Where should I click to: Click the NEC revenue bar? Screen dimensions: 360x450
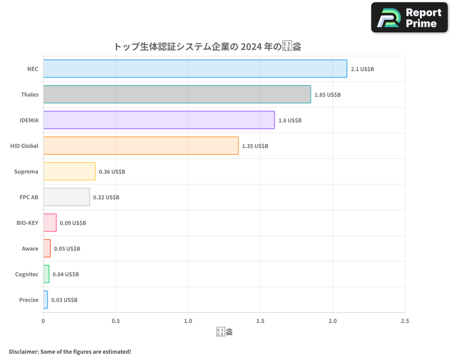pos(195,69)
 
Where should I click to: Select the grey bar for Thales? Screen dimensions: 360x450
pos(177,94)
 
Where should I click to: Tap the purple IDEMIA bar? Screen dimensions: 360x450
pos(159,120)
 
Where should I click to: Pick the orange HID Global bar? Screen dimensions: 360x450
pos(141,146)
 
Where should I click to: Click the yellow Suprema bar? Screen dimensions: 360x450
pos(69,171)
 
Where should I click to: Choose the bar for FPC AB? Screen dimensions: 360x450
pos(66,197)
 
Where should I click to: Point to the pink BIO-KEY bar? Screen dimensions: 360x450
pos(49,223)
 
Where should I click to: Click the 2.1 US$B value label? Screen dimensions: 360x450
pos(362,69)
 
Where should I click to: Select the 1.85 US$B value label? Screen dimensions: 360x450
pos(328,95)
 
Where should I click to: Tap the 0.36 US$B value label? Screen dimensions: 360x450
pos(112,172)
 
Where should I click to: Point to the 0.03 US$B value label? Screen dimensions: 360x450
pos(64,300)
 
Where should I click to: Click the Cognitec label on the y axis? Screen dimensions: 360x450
pos(27,274)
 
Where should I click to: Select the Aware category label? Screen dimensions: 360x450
pos(30,248)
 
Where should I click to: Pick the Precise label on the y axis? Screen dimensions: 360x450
pos(29,300)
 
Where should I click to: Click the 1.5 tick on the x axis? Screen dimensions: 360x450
pos(260,321)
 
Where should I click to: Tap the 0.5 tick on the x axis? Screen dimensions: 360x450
pos(116,321)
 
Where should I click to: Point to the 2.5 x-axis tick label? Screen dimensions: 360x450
pos(405,321)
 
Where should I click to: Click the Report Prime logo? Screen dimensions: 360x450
pos(409,18)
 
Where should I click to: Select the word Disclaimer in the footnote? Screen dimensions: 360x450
pos(23,351)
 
